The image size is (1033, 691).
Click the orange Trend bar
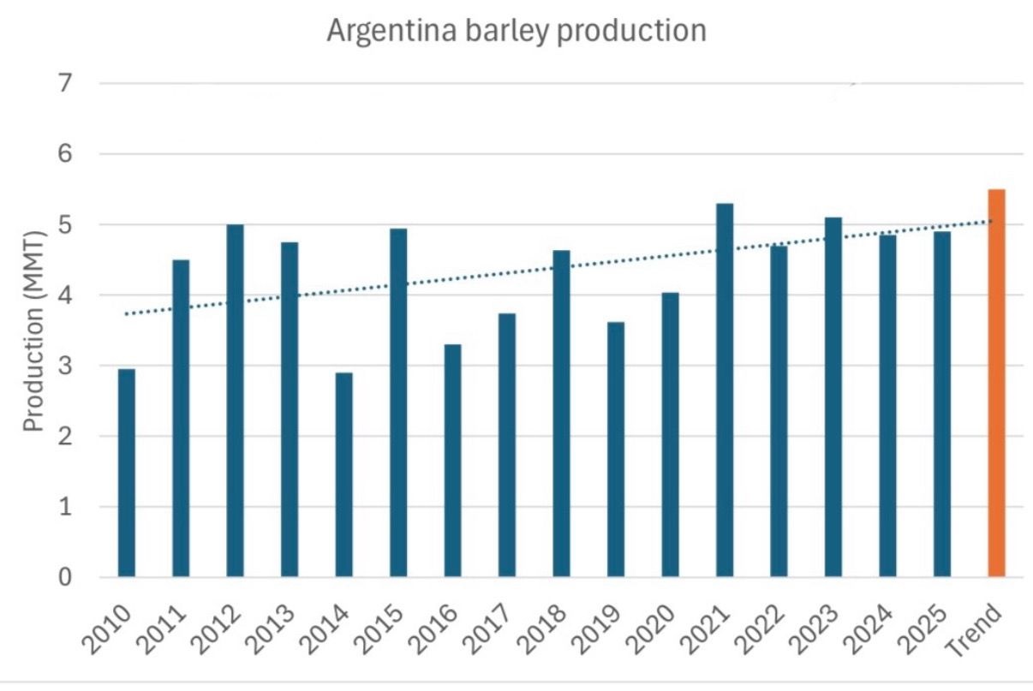click(996, 383)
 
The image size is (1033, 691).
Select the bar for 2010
click(127, 473)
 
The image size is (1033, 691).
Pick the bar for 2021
click(725, 390)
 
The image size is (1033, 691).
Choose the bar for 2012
click(236, 401)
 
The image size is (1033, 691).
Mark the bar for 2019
click(616, 450)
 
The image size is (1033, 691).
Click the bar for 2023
click(833, 397)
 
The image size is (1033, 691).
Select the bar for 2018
click(561, 414)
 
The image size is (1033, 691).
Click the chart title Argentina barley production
click(516, 32)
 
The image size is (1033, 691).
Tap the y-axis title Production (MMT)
click(33, 331)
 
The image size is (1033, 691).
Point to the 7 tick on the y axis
click(65, 84)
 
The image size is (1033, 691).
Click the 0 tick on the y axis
click(65, 577)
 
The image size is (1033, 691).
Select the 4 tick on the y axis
click(65, 295)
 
